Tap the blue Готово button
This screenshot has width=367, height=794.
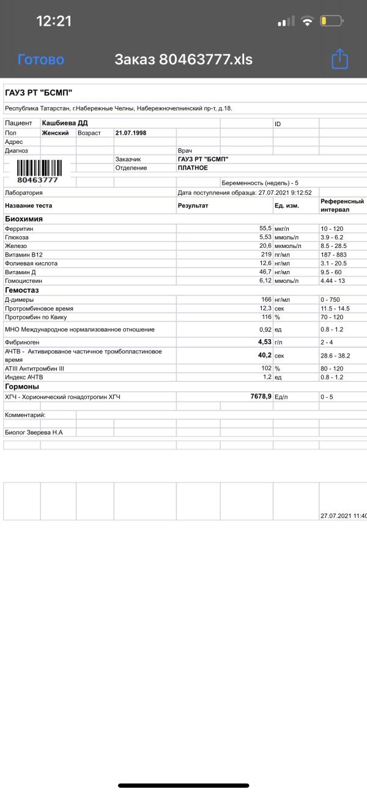(x=41, y=59)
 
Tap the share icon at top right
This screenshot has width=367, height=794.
(x=339, y=59)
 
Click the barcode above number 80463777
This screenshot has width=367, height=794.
(x=38, y=167)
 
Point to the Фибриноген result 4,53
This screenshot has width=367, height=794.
(x=265, y=342)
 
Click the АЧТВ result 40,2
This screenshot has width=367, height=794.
(x=265, y=354)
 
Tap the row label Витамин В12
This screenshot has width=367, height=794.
(x=24, y=254)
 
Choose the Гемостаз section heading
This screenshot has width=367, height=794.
(x=23, y=290)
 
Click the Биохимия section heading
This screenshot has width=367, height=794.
(x=24, y=219)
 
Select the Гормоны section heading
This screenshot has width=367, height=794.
(x=22, y=387)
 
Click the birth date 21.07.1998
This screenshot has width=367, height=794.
(x=131, y=132)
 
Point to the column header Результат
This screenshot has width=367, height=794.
(x=193, y=206)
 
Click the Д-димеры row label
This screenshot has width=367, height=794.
(x=20, y=299)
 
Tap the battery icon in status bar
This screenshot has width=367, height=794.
(x=331, y=21)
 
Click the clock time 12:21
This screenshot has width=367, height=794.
(x=54, y=21)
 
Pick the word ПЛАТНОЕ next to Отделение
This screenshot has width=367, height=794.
(x=193, y=168)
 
